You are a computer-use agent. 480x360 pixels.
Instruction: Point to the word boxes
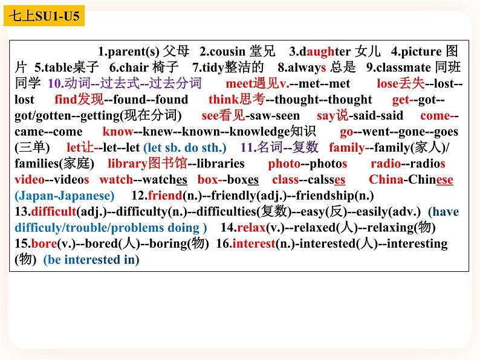click(x=244, y=179)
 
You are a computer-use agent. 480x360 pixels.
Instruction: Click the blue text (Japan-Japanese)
click(x=64, y=195)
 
